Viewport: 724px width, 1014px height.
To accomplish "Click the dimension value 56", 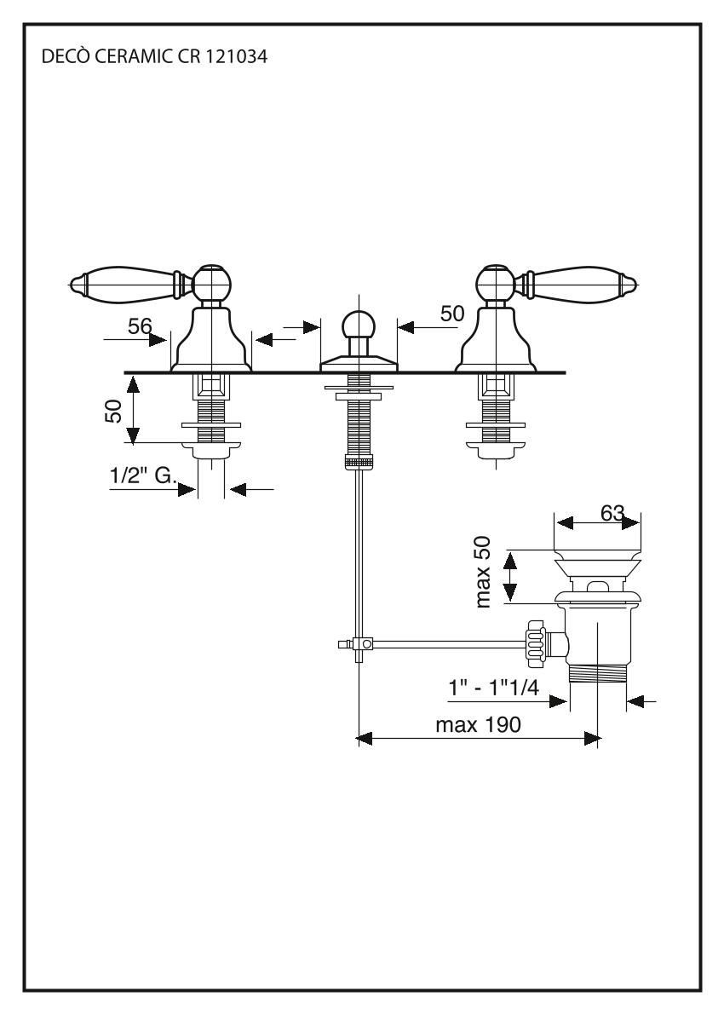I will tap(140, 325).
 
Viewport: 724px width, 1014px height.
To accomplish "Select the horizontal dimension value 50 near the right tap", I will tap(452, 314).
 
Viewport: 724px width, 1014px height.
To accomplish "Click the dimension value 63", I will tap(610, 513).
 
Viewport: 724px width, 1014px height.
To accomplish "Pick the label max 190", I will tap(476, 725).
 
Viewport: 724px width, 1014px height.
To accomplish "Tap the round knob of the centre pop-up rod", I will tap(358, 326).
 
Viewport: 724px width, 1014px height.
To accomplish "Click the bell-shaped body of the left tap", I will tap(211, 341).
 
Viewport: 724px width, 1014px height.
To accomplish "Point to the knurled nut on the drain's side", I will tap(537, 644).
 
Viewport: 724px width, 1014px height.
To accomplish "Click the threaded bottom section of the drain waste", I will tap(598, 673).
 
